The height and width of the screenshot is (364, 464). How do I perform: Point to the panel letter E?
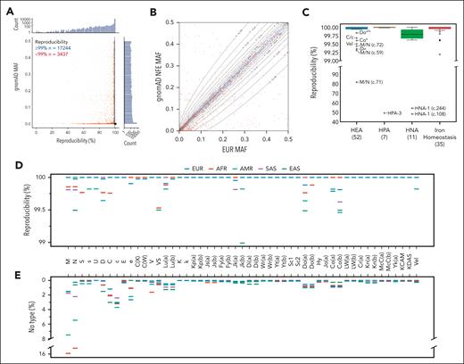click(6, 269)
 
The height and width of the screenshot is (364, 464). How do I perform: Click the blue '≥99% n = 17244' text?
click(48, 48)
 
